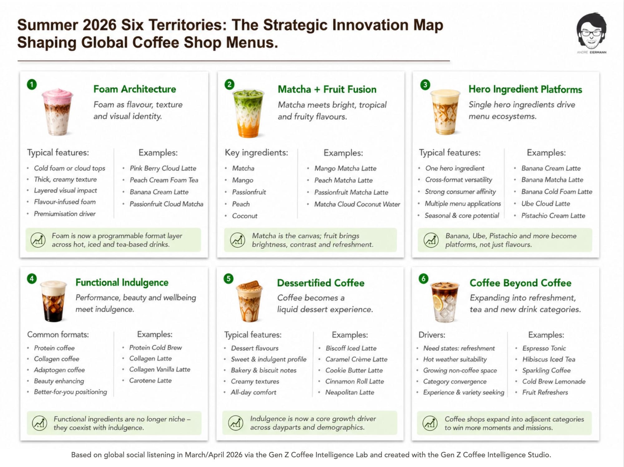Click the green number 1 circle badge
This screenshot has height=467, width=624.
[32, 84]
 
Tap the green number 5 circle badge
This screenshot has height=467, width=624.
[228, 279]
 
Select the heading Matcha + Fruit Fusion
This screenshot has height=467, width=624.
[327, 89]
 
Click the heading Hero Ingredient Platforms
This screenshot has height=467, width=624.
[525, 89]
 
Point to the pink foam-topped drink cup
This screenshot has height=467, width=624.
[58, 112]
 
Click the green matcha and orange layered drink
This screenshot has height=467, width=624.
[248, 113]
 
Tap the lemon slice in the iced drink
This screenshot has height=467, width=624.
[438, 302]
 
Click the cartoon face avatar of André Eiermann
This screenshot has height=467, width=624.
[591, 31]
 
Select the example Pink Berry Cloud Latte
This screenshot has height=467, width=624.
[163, 168]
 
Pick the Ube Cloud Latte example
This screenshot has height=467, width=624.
[545, 204]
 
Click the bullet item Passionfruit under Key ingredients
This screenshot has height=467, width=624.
[249, 192]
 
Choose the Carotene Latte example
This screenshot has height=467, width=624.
[150, 381]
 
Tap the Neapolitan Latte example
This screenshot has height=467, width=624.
[349, 392]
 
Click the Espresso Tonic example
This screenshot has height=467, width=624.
[544, 348]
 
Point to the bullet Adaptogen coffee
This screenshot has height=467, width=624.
[59, 370]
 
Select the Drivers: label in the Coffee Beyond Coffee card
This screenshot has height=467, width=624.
[431, 335]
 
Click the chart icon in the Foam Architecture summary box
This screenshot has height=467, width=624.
[38, 240]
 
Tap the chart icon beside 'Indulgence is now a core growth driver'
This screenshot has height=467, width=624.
[236, 423]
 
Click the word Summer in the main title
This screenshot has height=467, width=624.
[47, 25]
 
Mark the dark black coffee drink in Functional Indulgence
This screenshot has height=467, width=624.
[53, 301]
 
